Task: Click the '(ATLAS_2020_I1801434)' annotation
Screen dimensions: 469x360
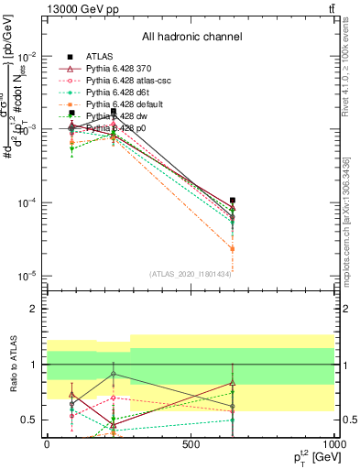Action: tap(190, 273)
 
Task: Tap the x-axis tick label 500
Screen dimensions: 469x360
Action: tap(191, 444)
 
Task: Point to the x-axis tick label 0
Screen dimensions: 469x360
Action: tap(47, 444)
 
